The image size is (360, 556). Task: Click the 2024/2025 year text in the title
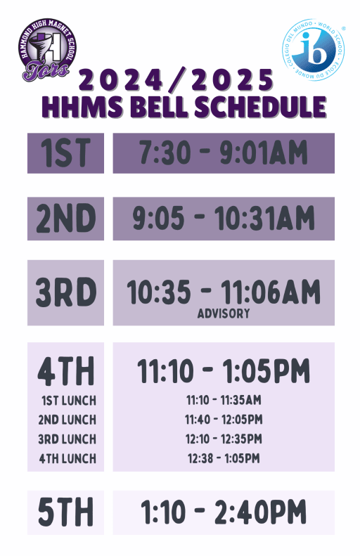click(175, 79)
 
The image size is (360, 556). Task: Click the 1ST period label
click(65, 153)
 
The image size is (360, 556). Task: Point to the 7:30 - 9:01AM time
click(224, 153)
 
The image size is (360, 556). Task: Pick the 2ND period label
click(65, 219)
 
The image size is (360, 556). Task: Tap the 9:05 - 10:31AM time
click(224, 219)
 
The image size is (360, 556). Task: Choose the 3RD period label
click(65, 293)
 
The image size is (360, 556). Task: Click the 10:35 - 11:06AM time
click(224, 292)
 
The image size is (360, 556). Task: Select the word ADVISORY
click(224, 313)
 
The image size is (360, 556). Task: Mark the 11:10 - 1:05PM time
click(224, 370)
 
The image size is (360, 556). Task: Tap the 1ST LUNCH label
click(67, 401)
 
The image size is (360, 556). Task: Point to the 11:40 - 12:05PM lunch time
click(224, 420)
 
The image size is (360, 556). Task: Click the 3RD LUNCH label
click(67, 439)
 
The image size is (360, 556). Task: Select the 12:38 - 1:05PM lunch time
click(224, 459)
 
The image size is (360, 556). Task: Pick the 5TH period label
click(65, 512)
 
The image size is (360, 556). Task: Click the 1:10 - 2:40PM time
click(224, 512)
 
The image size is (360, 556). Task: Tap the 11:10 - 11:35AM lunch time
click(224, 401)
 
